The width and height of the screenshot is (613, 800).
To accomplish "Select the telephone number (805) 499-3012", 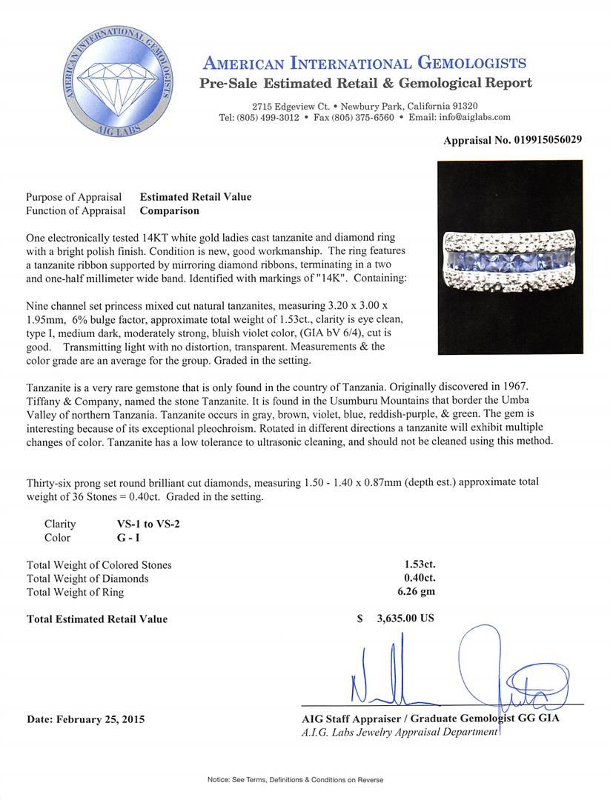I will coord(268,117).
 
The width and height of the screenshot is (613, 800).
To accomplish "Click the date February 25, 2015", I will coord(85,719).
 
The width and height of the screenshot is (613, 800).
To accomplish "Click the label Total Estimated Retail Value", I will coord(97,619).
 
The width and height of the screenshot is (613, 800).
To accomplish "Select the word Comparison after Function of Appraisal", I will coord(169,210).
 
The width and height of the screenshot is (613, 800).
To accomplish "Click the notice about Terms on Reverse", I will coord(306,780).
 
